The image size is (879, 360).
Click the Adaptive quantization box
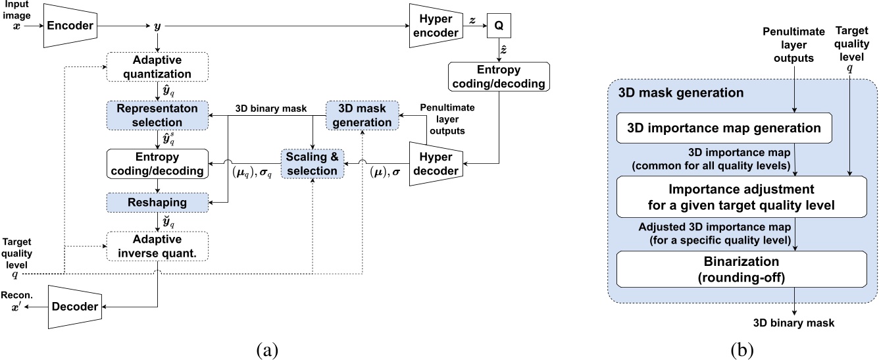pos(157,67)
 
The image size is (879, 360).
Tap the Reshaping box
pos(157,202)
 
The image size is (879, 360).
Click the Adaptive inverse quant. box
pos(157,247)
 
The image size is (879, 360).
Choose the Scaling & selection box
pos(313,163)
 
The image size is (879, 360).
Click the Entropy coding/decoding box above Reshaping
pos(157,163)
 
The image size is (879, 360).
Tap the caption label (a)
pos(266,347)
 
